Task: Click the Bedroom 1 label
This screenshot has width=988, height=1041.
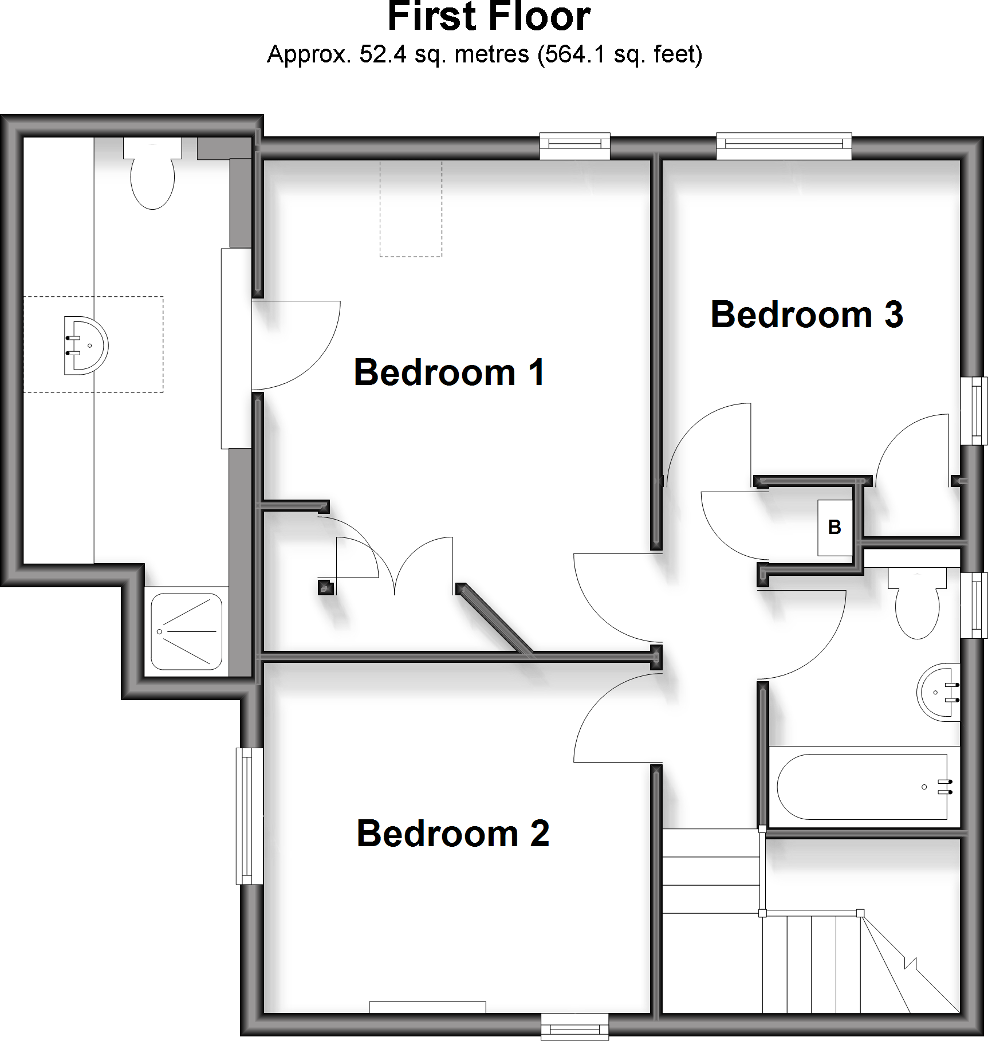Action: click(x=449, y=372)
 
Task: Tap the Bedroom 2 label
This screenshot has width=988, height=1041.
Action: click(x=452, y=834)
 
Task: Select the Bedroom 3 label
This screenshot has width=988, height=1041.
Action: click(x=806, y=315)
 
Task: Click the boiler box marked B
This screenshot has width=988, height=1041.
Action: click(x=835, y=527)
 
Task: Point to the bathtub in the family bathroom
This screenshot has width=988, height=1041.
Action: click(x=862, y=787)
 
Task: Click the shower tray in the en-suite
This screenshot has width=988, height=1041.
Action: click(x=186, y=631)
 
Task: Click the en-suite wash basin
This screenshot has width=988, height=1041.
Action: click(x=86, y=345)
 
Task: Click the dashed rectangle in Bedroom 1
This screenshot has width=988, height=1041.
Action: click(x=411, y=209)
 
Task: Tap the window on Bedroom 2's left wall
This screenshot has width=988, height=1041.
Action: click(x=250, y=816)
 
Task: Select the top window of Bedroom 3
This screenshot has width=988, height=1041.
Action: click(x=784, y=146)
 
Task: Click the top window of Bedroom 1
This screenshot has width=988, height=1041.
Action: click(x=574, y=147)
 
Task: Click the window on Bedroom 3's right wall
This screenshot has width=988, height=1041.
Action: click(x=974, y=410)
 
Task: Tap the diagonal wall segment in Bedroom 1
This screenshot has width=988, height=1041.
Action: click(x=495, y=618)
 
